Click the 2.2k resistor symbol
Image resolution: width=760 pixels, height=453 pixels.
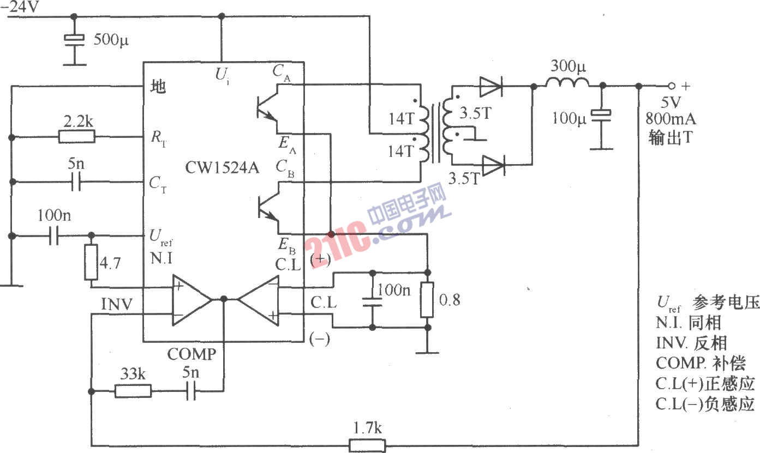click(x=76, y=136)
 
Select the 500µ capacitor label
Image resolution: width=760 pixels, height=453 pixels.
click(x=111, y=40)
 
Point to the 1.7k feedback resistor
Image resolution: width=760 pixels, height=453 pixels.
click(x=367, y=445)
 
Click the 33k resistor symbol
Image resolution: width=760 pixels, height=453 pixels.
click(x=133, y=391)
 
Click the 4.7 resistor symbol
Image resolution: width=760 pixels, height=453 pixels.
click(x=91, y=263)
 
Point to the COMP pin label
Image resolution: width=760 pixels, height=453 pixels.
click(x=192, y=354)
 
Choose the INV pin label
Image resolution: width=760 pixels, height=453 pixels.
click(x=117, y=304)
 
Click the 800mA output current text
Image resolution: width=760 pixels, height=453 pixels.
click(x=671, y=118)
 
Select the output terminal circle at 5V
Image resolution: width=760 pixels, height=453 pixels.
click(x=672, y=86)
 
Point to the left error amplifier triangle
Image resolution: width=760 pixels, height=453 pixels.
click(x=191, y=300)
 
